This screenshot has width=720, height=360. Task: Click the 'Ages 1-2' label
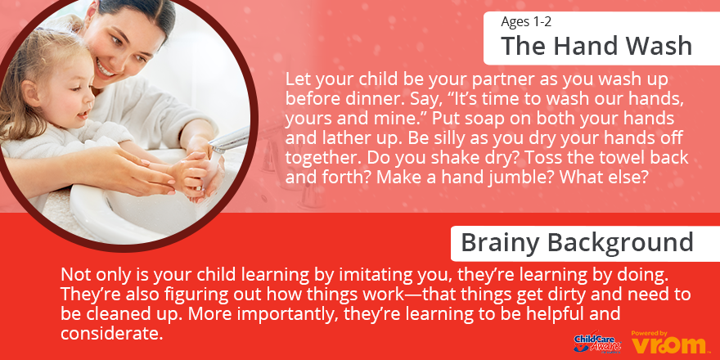pos(526,21)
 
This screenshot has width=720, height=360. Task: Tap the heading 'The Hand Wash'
pos(596,46)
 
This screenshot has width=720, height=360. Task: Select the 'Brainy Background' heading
pos(577,242)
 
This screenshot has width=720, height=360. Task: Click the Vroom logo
pos(668,344)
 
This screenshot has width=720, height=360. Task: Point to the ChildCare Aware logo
pos(597,342)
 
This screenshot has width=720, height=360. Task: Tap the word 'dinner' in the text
pos(359,99)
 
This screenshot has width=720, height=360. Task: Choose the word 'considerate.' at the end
pos(112,334)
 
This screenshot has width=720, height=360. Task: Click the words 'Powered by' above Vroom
pos(650,333)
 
